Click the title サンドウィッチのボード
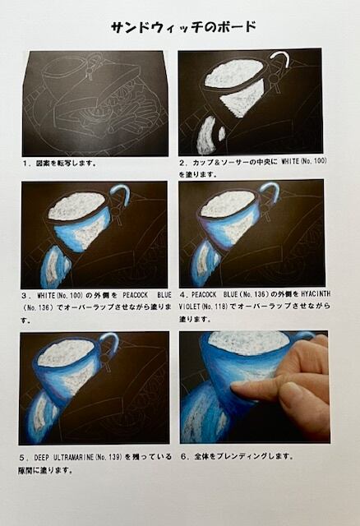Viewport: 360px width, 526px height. pos(183,27)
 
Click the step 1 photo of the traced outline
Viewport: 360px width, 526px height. pos(95,104)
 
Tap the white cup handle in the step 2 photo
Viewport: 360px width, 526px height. pos(283,58)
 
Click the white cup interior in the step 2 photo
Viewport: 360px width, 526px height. pos(234,73)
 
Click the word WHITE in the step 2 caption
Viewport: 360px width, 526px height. pos(290,161)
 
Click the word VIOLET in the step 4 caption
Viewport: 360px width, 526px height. pos(190,307)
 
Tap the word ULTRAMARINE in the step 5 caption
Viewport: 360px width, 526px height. pos(74,457)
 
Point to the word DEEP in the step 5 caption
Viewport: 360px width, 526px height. pos(42,457)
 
